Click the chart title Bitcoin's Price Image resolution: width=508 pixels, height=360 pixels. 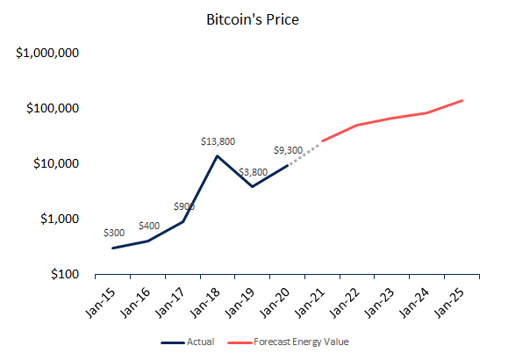(x=253, y=19)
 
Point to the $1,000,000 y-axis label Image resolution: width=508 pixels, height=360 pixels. (x=47, y=53)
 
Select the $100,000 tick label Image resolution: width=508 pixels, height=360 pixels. (x=53, y=108)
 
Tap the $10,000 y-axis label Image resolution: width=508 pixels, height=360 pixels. (x=56, y=163)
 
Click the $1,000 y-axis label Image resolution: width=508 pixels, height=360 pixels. (x=60, y=219)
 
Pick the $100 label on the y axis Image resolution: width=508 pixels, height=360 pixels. (x=65, y=274)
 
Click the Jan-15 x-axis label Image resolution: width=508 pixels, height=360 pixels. (x=100, y=303)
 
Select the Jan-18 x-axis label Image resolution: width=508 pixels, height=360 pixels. (x=205, y=303)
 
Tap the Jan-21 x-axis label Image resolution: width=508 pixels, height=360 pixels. (x=310, y=303)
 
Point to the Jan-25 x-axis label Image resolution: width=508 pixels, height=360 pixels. (x=449, y=303)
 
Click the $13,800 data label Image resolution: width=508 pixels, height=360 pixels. (x=218, y=141)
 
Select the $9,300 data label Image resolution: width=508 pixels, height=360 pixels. (x=288, y=150)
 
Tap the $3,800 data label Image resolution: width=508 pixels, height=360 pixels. (x=253, y=172)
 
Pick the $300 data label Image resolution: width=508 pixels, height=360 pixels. (x=114, y=233)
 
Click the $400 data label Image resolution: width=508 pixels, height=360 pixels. (x=149, y=226)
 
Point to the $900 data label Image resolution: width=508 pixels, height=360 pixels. (x=184, y=206)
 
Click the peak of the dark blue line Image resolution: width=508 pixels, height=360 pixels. (x=217, y=156)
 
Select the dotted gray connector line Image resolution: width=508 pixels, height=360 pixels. (x=304, y=154)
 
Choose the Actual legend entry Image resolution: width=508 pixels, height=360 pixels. (x=188, y=342)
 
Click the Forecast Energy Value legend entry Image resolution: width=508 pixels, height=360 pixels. (x=288, y=342)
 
